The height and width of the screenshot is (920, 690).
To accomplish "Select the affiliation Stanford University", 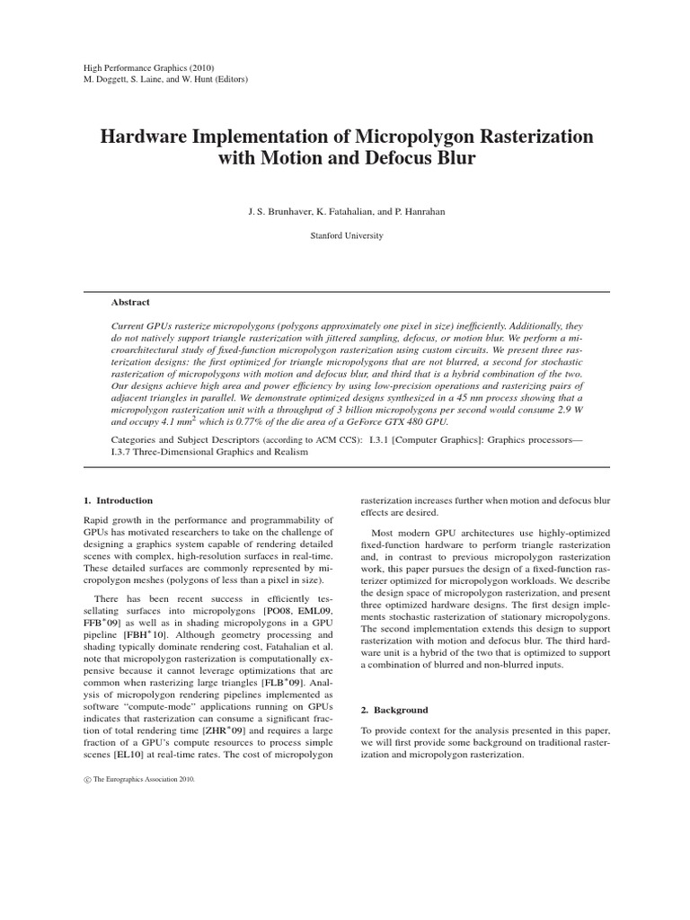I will [345, 235].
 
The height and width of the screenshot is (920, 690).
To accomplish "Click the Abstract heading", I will [130, 303].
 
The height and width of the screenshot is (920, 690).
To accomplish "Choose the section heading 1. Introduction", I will [117, 500].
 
